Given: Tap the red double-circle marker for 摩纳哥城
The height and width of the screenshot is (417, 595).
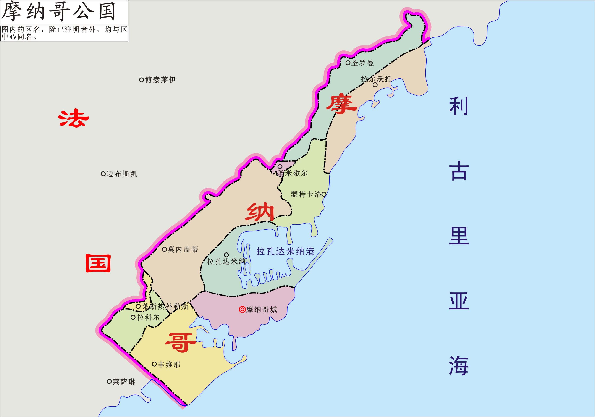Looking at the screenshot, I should coord(242,309).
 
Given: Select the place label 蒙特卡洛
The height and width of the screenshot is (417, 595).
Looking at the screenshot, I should coord(306,194).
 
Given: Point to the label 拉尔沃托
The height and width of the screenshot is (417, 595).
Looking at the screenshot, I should coord(376,79).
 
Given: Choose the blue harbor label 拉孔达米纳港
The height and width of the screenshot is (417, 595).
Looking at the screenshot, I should coord(285,251).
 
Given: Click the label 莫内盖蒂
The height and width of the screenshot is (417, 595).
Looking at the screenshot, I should coord(183,249).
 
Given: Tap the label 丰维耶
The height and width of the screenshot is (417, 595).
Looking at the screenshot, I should coord(169,365).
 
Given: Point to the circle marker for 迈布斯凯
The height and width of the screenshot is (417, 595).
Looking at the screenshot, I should coord(103,174).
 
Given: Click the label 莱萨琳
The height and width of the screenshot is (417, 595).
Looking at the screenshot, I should coord(124,382).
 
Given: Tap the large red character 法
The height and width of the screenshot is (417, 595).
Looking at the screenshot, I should coord(74,118).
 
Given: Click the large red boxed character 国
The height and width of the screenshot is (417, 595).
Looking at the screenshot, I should coord(98,263).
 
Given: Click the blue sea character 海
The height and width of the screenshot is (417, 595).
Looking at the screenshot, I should coord(458,365).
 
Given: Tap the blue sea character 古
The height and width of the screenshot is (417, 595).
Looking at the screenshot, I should coord(458,171).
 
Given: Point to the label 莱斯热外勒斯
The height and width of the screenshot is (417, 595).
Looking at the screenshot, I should coord(165,306).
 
